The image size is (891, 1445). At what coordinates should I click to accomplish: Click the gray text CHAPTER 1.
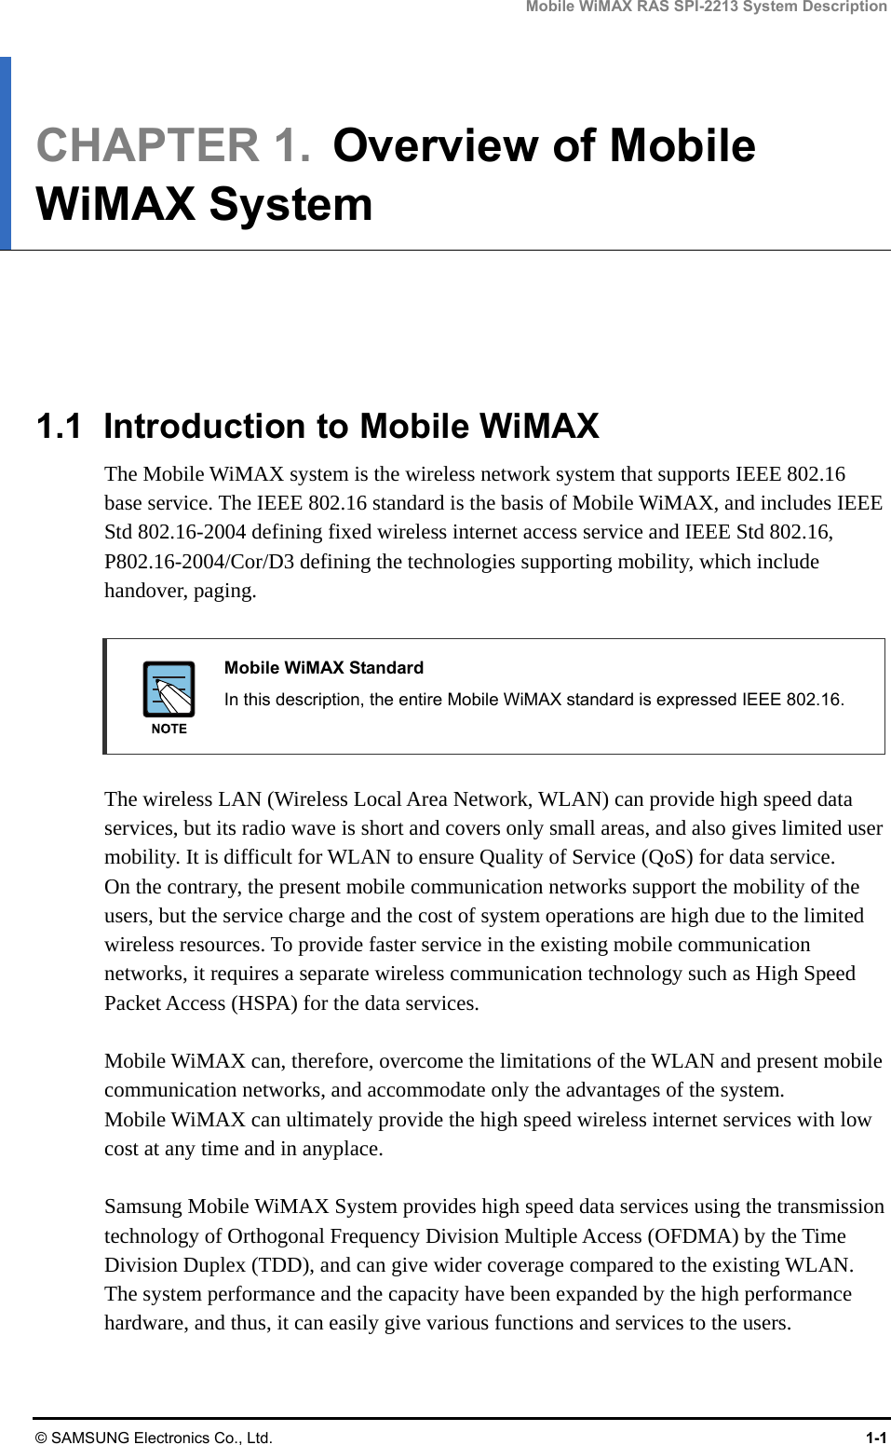tap(173, 146)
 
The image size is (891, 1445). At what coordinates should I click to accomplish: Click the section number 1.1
tap(58, 427)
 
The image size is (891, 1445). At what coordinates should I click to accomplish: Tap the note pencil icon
tap(169, 689)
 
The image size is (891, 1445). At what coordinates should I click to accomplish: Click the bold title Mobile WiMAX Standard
tap(323, 668)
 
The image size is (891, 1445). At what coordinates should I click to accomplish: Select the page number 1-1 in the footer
tap(875, 1438)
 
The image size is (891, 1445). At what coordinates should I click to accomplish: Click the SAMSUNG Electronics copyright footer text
tap(154, 1438)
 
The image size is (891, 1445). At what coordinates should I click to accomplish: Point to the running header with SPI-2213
tap(706, 7)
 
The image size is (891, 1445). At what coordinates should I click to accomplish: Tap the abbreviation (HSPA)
tap(263, 1003)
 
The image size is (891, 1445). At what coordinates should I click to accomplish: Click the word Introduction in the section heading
tap(204, 427)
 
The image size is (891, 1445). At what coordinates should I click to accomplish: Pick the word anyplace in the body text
tap(336, 1149)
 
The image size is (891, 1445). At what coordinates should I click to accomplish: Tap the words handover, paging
tap(180, 591)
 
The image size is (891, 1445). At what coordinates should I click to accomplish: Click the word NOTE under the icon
tap(169, 729)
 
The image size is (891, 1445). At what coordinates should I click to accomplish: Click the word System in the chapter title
tap(290, 205)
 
